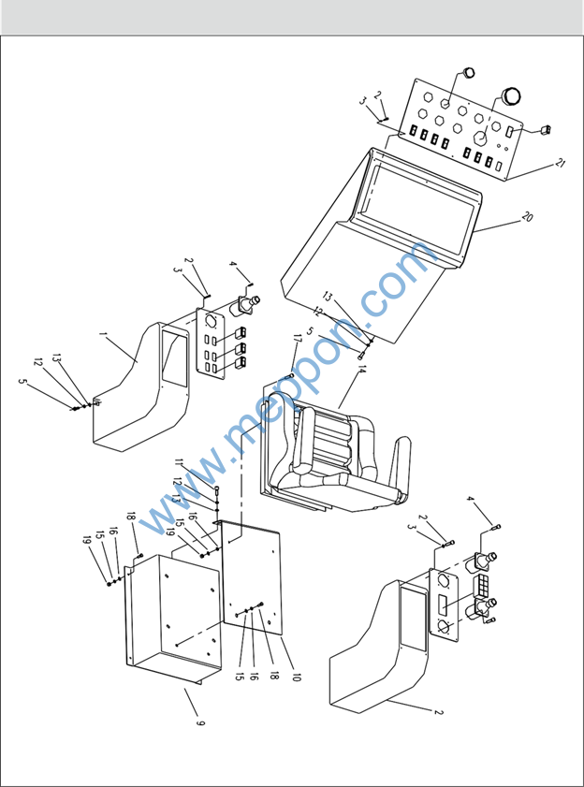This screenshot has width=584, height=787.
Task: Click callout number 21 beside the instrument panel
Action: pyautogui.click(x=561, y=164)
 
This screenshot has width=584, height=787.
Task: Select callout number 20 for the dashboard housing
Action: pyautogui.click(x=527, y=217)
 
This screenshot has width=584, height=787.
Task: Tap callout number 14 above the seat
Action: pyautogui.click(x=361, y=371)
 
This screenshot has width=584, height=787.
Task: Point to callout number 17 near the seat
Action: pyautogui.click(x=296, y=340)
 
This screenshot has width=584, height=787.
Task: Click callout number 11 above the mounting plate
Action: pyautogui.click(x=180, y=462)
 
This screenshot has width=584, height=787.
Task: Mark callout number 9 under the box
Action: pyautogui.click(x=200, y=723)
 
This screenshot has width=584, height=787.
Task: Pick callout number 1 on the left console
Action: pyautogui.click(x=103, y=333)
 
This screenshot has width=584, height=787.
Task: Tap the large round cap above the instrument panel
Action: pyautogui.click(x=511, y=95)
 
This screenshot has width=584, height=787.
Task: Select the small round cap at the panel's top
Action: pyautogui.click(x=468, y=72)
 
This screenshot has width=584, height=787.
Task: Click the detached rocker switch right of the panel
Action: pyautogui.click(x=545, y=130)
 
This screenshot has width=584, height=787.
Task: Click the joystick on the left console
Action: pyautogui.click(x=244, y=306)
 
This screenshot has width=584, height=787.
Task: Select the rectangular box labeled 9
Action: pyautogui.click(x=173, y=617)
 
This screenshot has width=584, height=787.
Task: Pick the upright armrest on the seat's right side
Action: pyautogui.click(x=403, y=467)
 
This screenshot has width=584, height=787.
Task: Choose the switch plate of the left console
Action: pyautogui.click(x=210, y=342)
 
